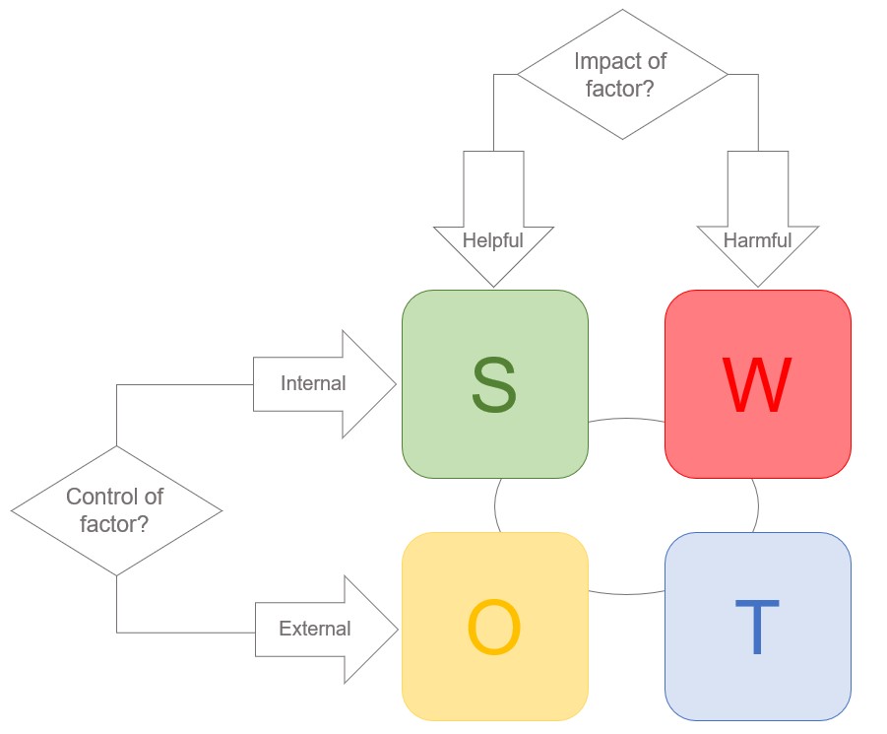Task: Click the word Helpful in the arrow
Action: point(493,239)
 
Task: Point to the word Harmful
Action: point(757,239)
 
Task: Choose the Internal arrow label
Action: point(313,383)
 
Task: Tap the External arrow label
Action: point(314,629)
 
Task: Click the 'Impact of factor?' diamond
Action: point(622,75)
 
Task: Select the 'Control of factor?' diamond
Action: point(116,510)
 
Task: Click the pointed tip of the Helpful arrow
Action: point(493,285)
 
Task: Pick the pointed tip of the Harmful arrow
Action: point(757,285)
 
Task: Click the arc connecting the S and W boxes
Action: point(627,419)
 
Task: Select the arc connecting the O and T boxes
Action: point(627,593)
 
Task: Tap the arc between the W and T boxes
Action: point(757,504)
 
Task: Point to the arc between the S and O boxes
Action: point(495,505)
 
